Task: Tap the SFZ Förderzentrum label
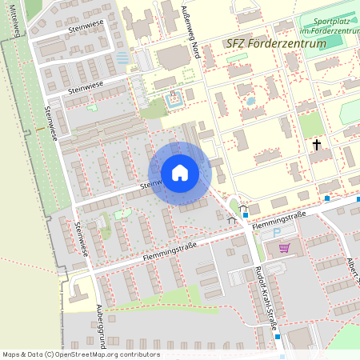point(276,43)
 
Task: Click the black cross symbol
point(317,145)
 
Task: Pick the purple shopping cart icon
point(284,248)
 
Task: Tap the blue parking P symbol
point(278,233)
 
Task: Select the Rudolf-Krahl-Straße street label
point(266,298)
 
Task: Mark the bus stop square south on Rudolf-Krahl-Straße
point(278,336)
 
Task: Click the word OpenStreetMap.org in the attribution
point(89,354)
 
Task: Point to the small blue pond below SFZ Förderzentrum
point(250,102)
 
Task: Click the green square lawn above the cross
point(311,124)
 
